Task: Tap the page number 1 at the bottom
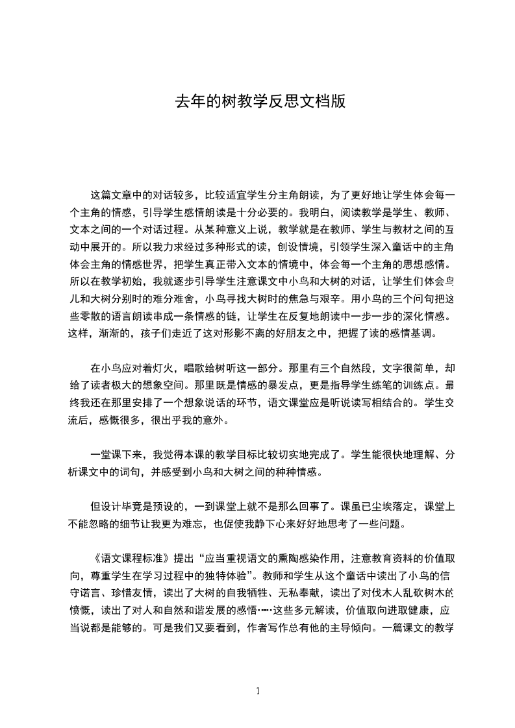[x=258, y=691]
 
